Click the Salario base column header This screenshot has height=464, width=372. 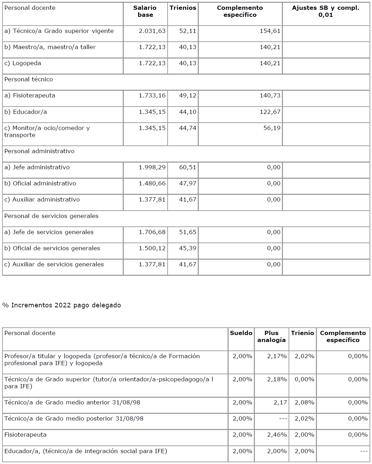tap(145, 11)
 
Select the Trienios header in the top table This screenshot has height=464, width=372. tap(183, 8)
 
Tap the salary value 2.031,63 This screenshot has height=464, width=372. tap(152, 31)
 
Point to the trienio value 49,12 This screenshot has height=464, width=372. tap(188, 95)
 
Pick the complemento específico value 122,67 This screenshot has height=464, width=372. tap(270, 112)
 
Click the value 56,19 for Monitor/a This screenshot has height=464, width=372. tap(272, 128)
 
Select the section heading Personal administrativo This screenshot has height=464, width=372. tap(39, 151)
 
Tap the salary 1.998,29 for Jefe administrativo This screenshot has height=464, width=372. tap(152, 167)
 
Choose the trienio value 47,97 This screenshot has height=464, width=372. tap(188, 183)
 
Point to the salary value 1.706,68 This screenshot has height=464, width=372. tap(152, 232)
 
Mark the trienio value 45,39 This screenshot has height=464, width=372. tap(188, 248)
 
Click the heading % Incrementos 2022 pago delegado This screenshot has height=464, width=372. tap(62, 305)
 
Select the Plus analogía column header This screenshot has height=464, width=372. tap(271, 336)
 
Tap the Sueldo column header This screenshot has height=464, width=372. tap(241, 333)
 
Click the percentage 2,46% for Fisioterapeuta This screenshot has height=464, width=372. tap(277, 435)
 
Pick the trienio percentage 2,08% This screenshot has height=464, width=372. tap(304, 402)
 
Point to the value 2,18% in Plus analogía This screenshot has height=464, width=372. tap(277, 379)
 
